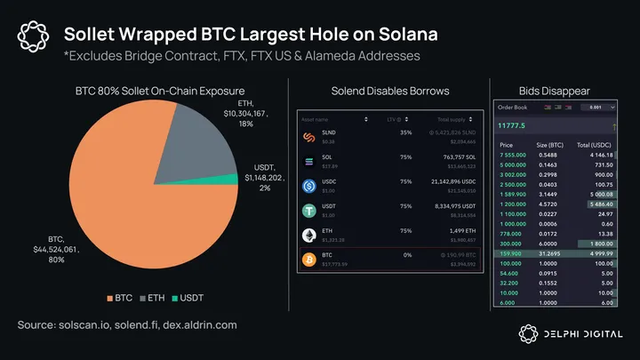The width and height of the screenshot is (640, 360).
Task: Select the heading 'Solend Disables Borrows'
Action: [x=389, y=91]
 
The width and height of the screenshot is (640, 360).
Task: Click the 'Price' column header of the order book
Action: [x=507, y=143]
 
